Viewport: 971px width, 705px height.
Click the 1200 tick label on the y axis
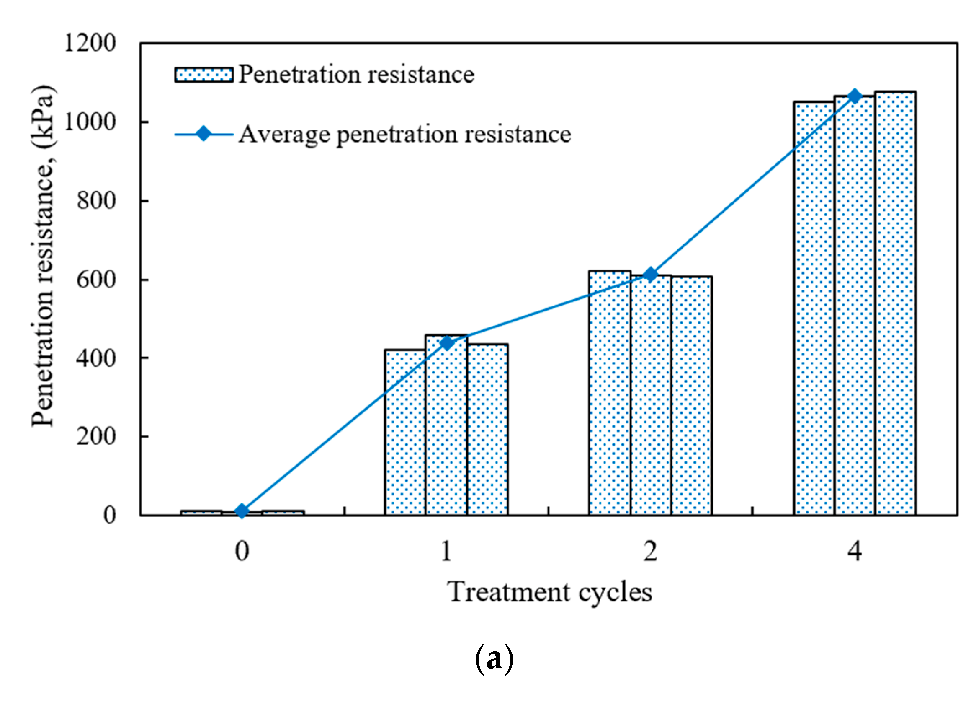pyautogui.click(x=90, y=43)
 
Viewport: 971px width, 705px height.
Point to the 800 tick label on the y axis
pyautogui.click(x=96, y=201)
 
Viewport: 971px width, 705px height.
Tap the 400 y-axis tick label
pyautogui.click(x=96, y=358)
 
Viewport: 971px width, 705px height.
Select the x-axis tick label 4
pyautogui.click(x=855, y=552)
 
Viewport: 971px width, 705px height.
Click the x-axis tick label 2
pyautogui.click(x=650, y=552)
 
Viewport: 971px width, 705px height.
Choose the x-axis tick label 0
pyautogui.click(x=242, y=552)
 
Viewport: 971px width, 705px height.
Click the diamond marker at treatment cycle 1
pyautogui.click(x=446, y=343)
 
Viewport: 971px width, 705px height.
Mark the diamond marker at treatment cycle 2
pyautogui.click(x=650, y=274)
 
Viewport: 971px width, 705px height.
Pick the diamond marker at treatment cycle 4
pyautogui.click(x=855, y=96)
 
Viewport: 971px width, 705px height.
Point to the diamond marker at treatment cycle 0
pyautogui.click(x=242, y=511)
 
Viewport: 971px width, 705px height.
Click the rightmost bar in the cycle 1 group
pyautogui.click(x=487, y=428)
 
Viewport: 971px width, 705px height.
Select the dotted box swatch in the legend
pyautogui.click(x=204, y=75)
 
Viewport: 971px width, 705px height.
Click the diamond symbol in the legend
pyautogui.click(x=204, y=134)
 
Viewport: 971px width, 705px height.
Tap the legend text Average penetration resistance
pyautogui.click(x=404, y=135)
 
